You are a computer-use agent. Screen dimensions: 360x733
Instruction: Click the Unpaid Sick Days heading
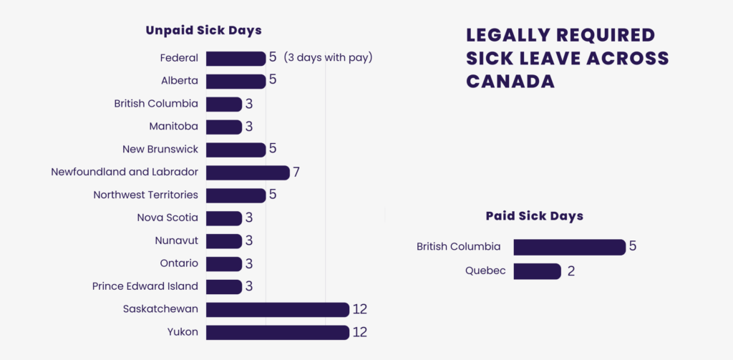tap(203, 30)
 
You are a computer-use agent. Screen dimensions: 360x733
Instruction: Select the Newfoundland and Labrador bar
tap(248, 172)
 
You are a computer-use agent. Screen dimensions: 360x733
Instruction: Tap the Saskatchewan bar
tap(277, 309)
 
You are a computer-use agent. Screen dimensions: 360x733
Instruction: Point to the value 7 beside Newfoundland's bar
tap(296, 172)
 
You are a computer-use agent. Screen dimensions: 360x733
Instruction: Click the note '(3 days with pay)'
tap(328, 57)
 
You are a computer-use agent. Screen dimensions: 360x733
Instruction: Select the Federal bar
tap(236, 58)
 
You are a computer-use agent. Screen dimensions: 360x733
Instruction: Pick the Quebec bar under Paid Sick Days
tap(537, 271)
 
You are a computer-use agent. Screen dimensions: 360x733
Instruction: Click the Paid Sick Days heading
tap(534, 215)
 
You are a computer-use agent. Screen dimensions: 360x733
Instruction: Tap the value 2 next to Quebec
tap(571, 271)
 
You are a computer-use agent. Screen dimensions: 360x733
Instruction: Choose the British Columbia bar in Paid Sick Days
tap(569, 247)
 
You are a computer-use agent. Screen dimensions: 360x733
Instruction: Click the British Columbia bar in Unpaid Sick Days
tap(224, 104)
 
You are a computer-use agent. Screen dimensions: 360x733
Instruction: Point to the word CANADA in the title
tap(510, 81)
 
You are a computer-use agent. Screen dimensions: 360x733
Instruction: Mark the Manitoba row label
tap(174, 127)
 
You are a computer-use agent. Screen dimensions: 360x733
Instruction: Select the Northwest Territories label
tap(146, 195)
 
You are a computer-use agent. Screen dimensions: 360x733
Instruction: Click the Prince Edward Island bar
tap(224, 286)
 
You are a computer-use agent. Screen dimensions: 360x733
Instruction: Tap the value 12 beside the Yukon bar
tap(360, 332)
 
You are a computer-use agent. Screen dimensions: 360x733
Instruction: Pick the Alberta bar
tap(236, 81)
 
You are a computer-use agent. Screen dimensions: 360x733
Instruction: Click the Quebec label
tap(485, 271)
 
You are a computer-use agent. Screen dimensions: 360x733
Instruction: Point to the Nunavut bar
tap(224, 240)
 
